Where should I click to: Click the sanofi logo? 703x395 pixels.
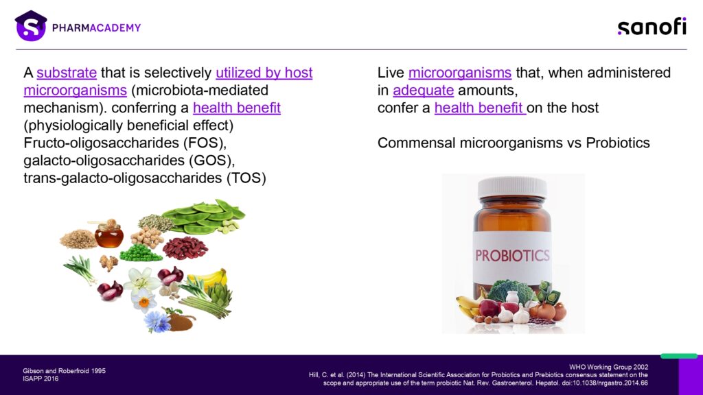click(652, 27)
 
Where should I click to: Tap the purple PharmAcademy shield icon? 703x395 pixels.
click(30, 26)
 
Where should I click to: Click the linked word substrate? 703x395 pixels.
click(67, 73)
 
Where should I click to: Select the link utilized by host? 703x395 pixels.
click(264, 73)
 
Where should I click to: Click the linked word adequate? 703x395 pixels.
click(423, 91)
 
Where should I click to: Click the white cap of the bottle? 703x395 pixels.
click(512, 188)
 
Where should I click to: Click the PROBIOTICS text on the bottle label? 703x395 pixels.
click(512, 255)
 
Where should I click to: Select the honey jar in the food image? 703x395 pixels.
click(109, 234)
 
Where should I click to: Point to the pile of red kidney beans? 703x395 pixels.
click(185, 248)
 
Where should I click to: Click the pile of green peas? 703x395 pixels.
click(140, 253)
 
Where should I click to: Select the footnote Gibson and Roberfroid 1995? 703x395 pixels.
click(64, 371)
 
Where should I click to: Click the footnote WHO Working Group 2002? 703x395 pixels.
click(608, 368)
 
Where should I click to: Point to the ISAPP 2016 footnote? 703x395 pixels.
click(41, 379)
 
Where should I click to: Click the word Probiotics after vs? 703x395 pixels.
click(618, 143)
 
